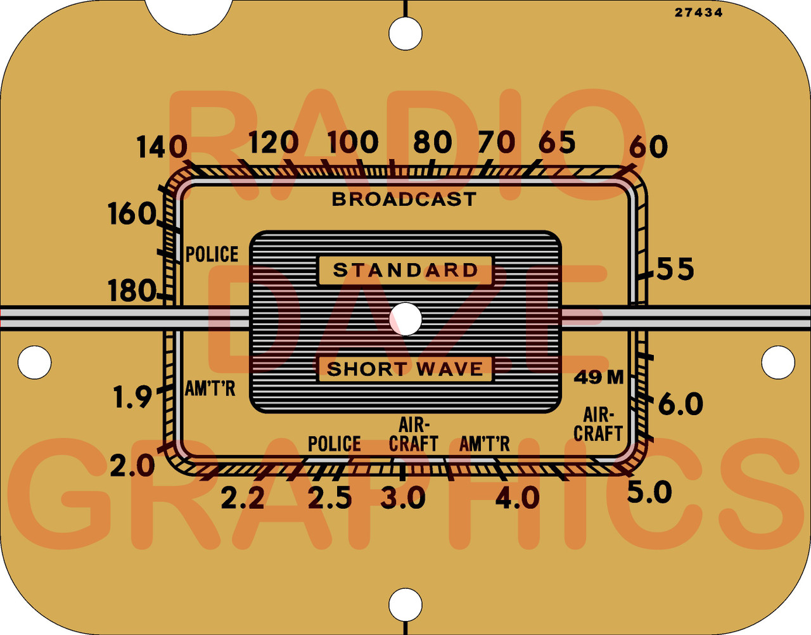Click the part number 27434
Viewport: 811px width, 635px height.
[x=698, y=12]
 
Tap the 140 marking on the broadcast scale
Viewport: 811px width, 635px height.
[x=162, y=148]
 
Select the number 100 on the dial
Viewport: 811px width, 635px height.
[x=353, y=143]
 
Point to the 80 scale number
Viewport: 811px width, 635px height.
[x=433, y=143]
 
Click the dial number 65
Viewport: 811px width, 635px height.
[x=557, y=143]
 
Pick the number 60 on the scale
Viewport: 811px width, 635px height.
[x=648, y=147]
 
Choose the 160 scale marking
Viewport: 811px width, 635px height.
[x=132, y=214]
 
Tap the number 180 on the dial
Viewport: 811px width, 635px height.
[x=132, y=292]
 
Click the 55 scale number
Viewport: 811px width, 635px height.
[x=675, y=269]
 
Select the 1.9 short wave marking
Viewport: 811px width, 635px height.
[x=132, y=397]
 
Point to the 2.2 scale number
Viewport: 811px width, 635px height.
[x=243, y=499]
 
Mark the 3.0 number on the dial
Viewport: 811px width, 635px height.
[x=403, y=499]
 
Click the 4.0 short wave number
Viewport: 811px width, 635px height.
[x=517, y=499]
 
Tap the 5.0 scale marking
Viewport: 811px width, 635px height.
[x=649, y=492]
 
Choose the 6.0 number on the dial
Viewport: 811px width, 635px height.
[x=680, y=404]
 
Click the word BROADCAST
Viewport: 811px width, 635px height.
[x=404, y=200]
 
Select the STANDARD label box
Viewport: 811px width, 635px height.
[x=405, y=271]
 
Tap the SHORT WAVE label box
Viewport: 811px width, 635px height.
[x=405, y=369]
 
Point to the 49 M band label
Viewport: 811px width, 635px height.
[x=599, y=378]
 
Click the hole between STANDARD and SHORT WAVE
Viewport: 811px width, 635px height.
[x=405, y=319]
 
